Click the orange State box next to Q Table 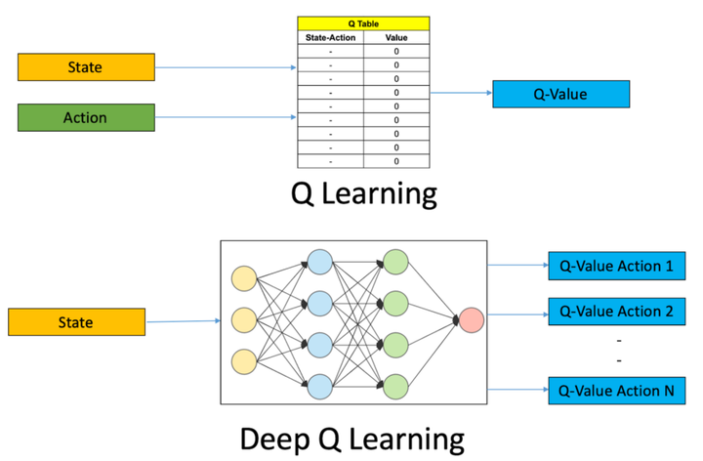[x=86, y=67]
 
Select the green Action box [x=86, y=117]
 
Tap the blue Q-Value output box [x=560, y=94]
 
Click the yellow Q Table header [x=362, y=24]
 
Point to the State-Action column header [x=329, y=37]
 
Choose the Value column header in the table [x=395, y=37]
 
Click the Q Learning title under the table [x=363, y=193]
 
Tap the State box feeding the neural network [x=76, y=321]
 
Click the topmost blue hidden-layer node [x=320, y=262]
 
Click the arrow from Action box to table [x=225, y=117]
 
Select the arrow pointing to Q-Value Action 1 [x=517, y=265]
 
